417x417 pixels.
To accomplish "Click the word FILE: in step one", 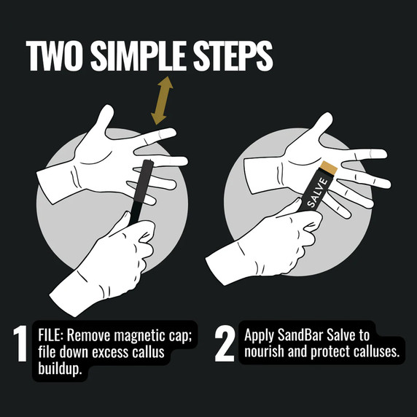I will click(x=53, y=336).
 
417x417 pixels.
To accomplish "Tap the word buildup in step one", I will click(x=59, y=369).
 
